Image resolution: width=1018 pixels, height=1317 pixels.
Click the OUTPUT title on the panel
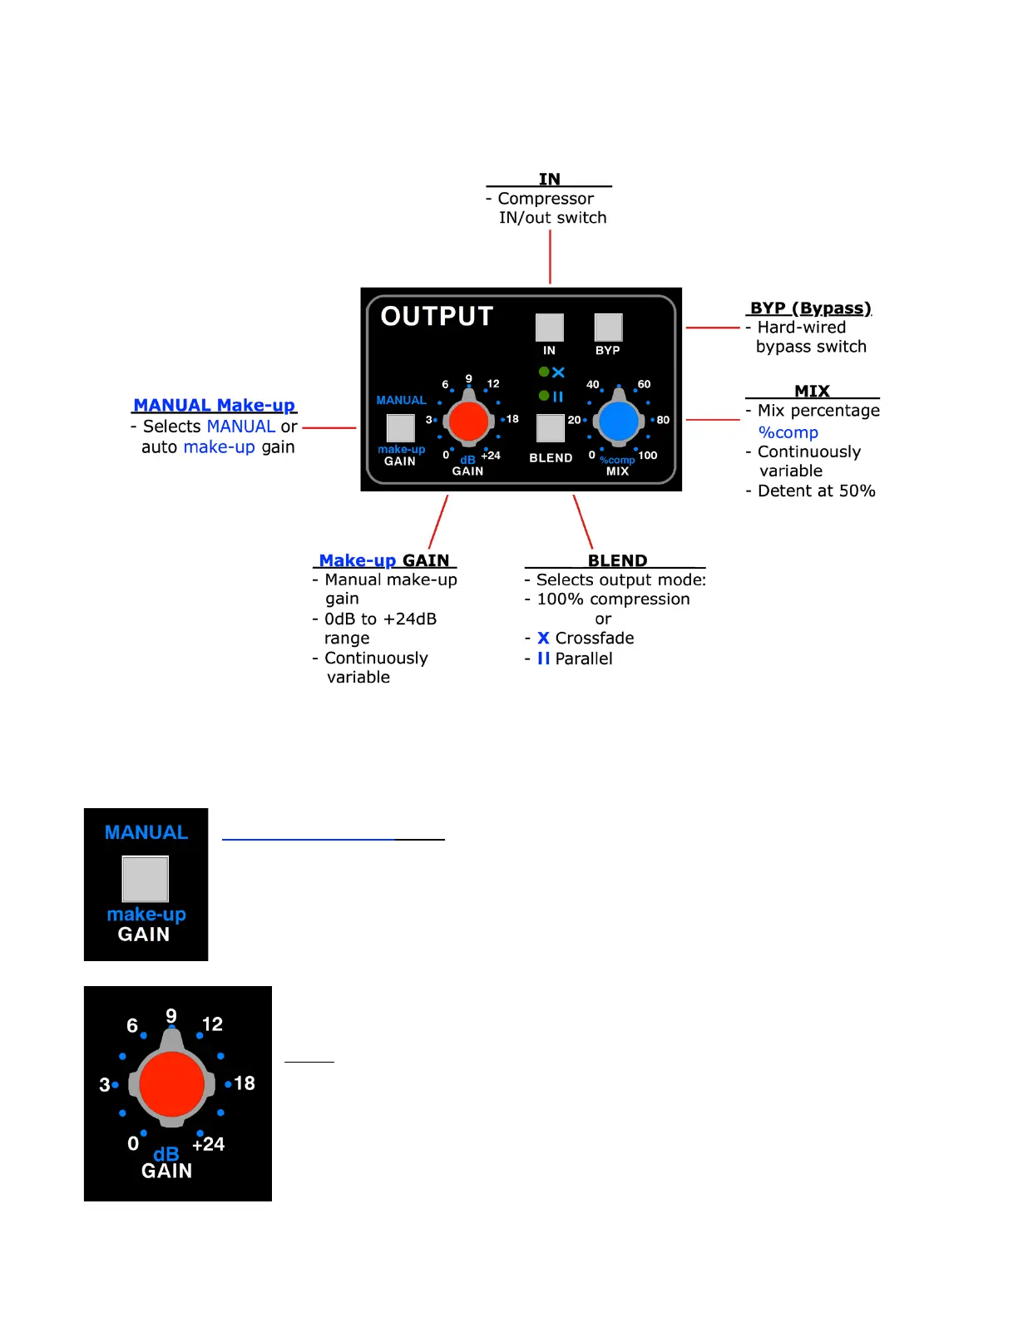pyautogui.click(x=437, y=316)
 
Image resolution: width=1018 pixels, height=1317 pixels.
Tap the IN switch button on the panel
pyautogui.click(x=549, y=327)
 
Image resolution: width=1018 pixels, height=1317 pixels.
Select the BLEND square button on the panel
pyautogui.click(x=550, y=427)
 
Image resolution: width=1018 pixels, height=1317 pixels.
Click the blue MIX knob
pyautogui.click(x=619, y=422)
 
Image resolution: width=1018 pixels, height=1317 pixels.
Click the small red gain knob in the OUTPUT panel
pyautogui.click(x=468, y=422)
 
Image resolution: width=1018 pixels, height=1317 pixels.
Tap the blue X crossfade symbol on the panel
pyautogui.click(x=558, y=372)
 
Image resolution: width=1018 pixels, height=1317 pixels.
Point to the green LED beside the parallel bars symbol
pyautogui.click(x=544, y=396)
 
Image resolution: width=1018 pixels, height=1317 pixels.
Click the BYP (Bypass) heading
pyautogui.click(x=810, y=308)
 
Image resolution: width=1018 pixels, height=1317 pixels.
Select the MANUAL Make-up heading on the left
pyautogui.click(x=214, y=405)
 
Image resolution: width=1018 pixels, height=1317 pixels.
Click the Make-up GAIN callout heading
pyautogui.click(x=384, y=560)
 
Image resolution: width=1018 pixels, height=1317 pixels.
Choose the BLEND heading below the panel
pyautogui.click(x=617, y=560)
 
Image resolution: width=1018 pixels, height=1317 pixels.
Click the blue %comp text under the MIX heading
pyautogui.click(x=788, y=432)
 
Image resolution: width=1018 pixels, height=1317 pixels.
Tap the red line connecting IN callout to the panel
pyautogui.click(x=550, y=257)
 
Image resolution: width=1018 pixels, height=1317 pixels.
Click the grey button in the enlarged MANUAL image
pyautogui.click(x=146, y=879)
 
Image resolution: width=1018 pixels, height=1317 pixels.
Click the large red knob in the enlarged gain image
pyautogui.click(x=171, y=1084)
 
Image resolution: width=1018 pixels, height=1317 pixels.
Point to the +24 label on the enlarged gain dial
pyautogui.click(x=208, y=1144)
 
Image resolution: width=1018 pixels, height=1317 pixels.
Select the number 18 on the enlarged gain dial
pyautogui.click(x=245, y=1083)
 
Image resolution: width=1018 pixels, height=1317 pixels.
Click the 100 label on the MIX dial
pyautogui.click(x=648, y=456)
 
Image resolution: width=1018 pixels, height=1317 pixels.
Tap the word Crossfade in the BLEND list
pyautogui.click(x=594, y=639)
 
